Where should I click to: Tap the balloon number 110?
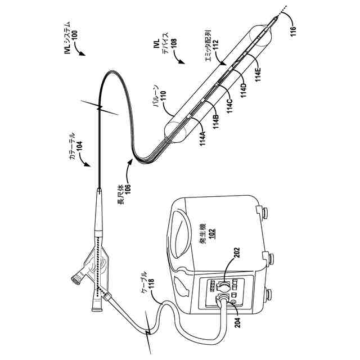tap(163, 100)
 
